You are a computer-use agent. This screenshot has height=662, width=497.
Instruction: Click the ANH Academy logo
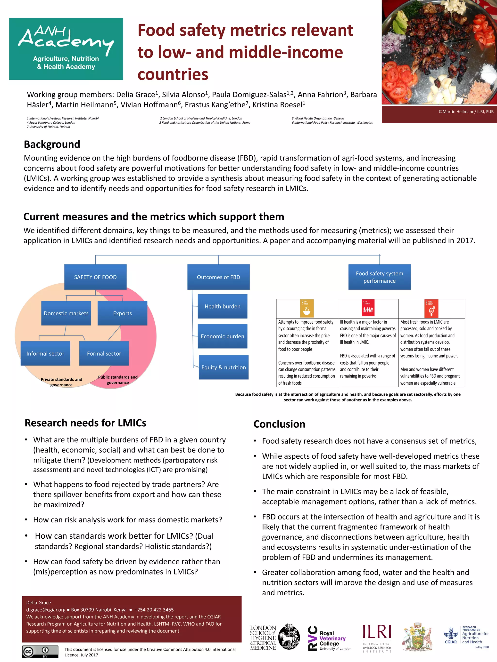(66, 49)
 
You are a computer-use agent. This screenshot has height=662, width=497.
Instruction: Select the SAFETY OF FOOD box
(95, 277)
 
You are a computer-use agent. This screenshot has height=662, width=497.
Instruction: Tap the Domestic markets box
(66, 313)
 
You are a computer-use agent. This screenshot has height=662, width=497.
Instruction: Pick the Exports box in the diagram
(122, 313)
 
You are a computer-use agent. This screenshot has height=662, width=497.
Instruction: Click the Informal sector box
(45, 353)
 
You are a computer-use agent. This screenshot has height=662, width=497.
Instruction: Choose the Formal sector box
(104, 353)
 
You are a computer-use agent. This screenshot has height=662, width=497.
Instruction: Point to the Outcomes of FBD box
(218, 277)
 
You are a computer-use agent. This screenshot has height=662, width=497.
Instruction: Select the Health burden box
(222, 306)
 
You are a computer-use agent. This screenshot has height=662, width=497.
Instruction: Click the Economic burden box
(222, 336)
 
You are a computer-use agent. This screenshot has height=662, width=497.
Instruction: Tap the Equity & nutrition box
(224, 367)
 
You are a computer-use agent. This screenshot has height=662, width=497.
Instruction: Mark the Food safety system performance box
(379, 277)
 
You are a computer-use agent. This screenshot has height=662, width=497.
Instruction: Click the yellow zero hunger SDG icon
(307, 308)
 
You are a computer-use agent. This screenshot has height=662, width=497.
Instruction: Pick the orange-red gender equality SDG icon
(431, 308)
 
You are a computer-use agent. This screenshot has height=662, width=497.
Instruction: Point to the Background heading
(52, 144)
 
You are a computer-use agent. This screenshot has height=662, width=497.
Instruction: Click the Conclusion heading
(279, 424)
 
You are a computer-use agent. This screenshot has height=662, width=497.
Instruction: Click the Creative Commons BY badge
(40, 652)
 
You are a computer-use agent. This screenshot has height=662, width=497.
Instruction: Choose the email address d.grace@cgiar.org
(46, 610)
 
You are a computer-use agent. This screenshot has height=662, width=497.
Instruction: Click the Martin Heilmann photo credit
(466, 112)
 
